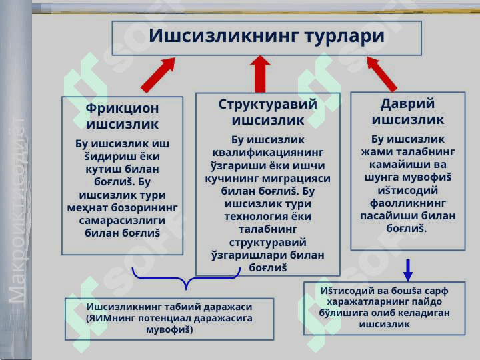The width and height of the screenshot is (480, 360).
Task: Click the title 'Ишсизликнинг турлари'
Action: coord(267,36)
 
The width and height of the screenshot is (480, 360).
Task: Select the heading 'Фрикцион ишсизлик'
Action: coord(123,115)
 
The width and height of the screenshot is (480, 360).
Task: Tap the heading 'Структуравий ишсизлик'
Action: coord(267,112)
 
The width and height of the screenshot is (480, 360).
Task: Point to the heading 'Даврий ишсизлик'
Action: coord(407,111)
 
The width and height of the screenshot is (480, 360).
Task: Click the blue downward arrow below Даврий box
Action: coord(408,269)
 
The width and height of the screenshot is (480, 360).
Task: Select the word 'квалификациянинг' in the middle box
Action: coord(267,153)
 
